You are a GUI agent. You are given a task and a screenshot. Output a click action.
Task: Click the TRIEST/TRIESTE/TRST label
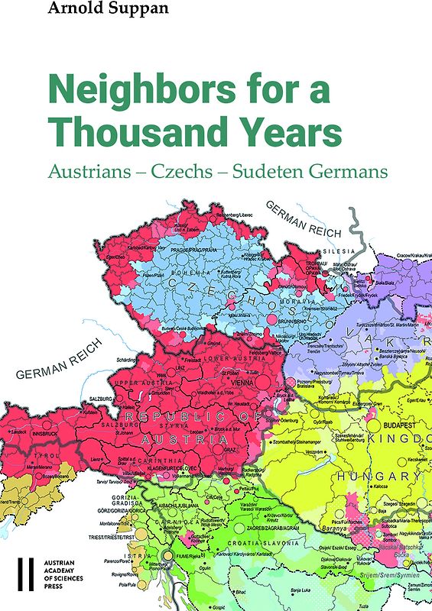pos(112,538)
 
